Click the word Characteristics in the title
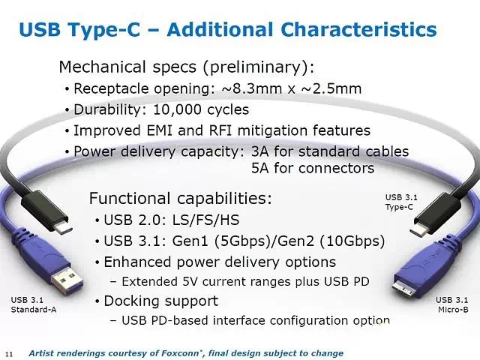[358, 30]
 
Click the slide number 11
[9, 354]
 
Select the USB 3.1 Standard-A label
[34, 304]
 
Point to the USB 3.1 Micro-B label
[451, 304]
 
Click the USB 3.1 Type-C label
[401, 202]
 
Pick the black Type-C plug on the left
[46, 211]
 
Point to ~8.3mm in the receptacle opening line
[252, 88]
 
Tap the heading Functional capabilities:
[181, 198]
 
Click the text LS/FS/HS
[206, 220]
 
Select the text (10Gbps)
[352, 241]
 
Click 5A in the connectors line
[260, 168]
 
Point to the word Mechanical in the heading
[102, 67]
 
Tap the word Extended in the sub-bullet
[150, 282]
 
